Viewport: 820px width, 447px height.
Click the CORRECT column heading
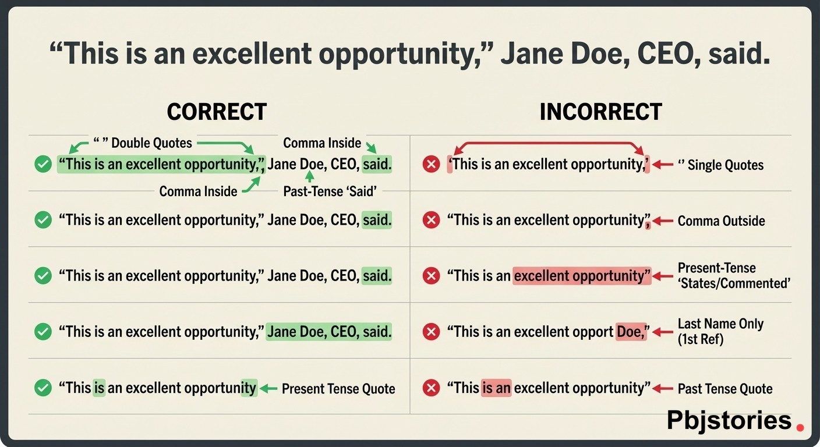coord(217,112)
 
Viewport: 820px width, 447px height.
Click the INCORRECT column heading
coord(600,112)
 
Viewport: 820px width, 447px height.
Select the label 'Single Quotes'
coord(721,165)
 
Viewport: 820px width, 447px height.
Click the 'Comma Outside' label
coord(721,221)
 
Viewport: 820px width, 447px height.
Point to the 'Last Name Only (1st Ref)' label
coord(720,331)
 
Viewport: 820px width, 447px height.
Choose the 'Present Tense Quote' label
coord(338,388)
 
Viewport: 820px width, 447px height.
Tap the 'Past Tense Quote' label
coord(725,388)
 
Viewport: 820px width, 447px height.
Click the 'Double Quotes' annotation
coord(143,143)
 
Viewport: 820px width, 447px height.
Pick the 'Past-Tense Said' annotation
coord(330,191)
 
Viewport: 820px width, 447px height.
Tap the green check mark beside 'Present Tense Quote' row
coord(43,388)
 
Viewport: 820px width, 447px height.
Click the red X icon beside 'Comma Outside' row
coord(431,220)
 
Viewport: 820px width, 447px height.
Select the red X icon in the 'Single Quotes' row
coord(431,164)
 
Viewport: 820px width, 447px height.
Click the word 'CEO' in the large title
coord(667,54)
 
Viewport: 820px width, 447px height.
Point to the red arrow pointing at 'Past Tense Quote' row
coord(663,388)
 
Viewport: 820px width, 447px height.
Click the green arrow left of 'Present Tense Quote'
coord(268,388)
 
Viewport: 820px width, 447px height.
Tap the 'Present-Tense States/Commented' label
coord(734,275)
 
